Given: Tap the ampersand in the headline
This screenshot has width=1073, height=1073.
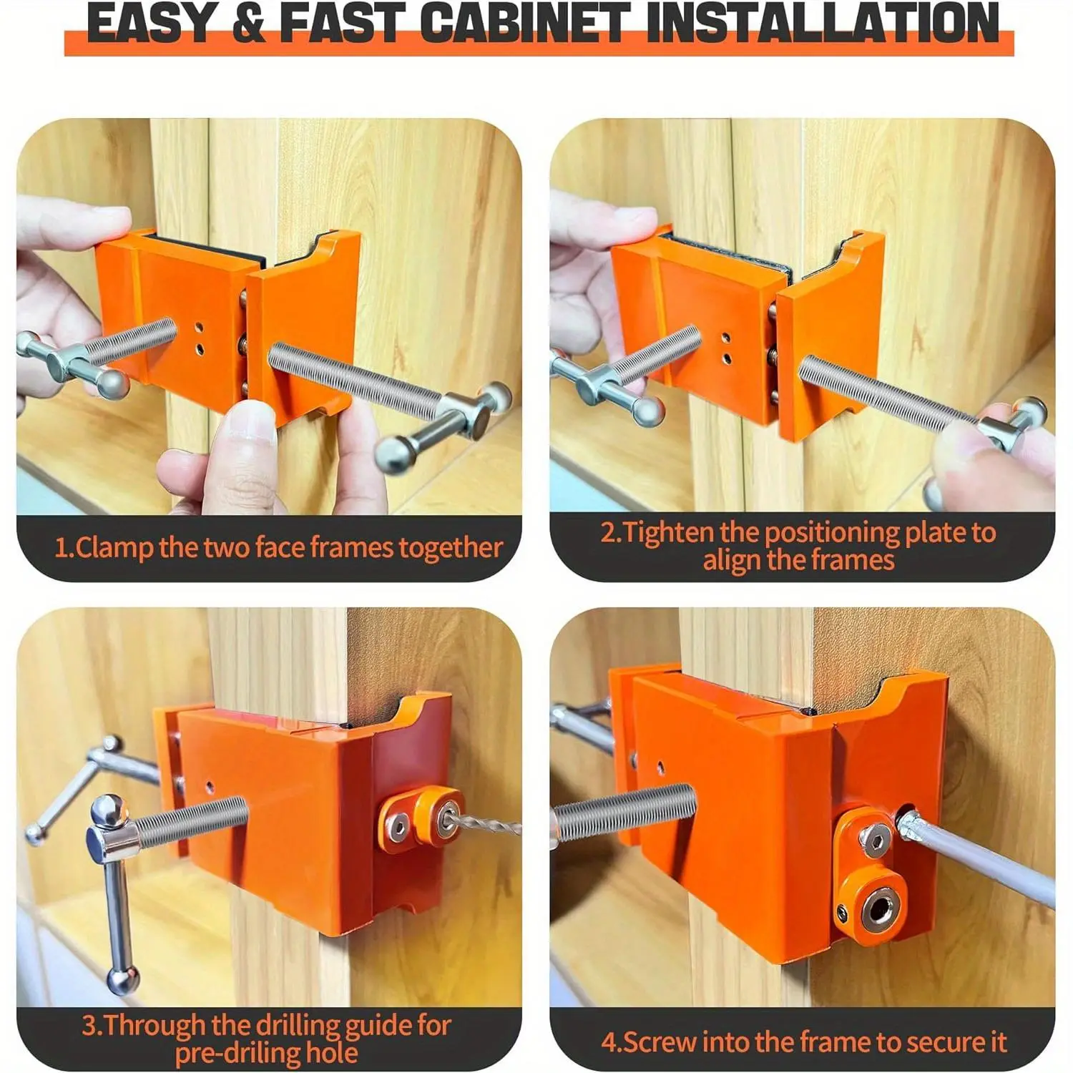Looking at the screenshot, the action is tap(248, 23).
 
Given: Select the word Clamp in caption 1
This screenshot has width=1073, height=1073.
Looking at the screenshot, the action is tap(114, 548).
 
